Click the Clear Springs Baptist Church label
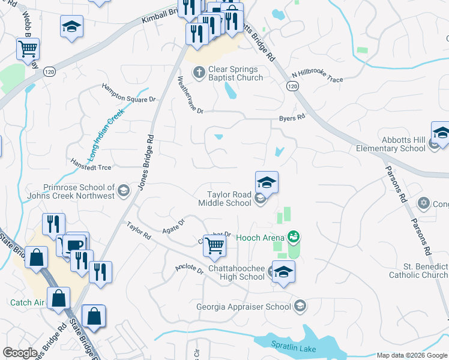235,74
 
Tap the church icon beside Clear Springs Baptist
199,73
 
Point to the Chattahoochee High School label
236,273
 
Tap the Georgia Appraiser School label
243,307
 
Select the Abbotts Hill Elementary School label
390,144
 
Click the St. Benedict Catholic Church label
418,271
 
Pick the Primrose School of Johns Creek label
70,191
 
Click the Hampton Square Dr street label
128,93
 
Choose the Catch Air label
27,303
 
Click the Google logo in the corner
20,352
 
